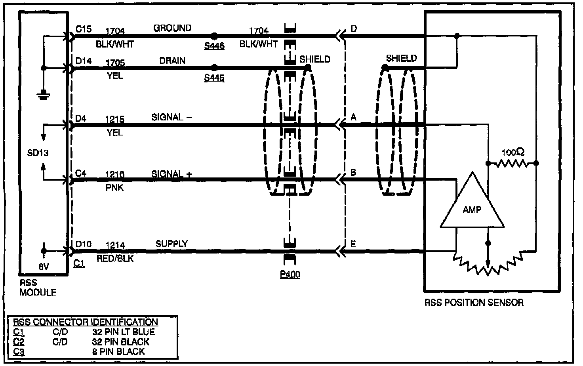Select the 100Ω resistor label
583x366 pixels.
513,152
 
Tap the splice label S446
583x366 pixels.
214,46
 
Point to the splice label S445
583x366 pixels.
214,78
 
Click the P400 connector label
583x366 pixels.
290,274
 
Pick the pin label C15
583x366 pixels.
84,29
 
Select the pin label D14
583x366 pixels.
84,61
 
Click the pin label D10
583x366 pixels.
84,244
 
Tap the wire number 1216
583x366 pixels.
115,174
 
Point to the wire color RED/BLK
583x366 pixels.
115,259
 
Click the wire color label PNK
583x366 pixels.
115,188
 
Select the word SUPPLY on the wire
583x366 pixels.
171,244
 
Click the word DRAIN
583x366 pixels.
172,61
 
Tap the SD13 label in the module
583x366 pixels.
38,152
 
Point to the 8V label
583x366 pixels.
44,267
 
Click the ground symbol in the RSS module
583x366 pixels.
44,94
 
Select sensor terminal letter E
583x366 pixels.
353,244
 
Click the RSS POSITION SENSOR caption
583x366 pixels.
474,303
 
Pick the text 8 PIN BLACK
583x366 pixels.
118,351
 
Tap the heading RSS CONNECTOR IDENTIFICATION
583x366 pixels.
86,322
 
